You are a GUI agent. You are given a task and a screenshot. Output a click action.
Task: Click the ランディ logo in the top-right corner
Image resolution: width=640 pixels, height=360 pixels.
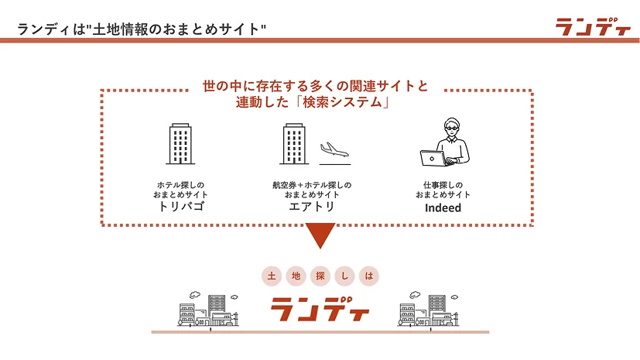click(x=593, y=27)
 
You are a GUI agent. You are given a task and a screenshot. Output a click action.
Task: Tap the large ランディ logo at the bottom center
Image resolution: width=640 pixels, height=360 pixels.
click(x=320, y=310)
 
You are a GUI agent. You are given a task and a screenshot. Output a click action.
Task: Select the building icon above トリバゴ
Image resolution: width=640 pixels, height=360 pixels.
click(x=180, y=144)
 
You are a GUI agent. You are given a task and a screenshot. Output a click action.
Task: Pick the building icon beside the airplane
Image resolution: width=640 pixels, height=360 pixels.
click(x=294, y=144)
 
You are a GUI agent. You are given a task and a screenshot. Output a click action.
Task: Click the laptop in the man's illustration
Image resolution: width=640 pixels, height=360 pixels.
click(x=433, y=159)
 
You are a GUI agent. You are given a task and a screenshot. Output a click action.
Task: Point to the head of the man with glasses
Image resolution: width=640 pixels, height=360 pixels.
click(x=451, y=127)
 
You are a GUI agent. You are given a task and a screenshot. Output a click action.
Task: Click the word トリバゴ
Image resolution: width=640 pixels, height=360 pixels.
click(x=181, y=207)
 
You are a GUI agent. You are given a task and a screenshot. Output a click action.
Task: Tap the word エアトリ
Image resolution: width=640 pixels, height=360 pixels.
click(x=312, y=207)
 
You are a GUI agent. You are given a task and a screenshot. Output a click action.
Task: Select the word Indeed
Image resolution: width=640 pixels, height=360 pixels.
click(x=443, y=207)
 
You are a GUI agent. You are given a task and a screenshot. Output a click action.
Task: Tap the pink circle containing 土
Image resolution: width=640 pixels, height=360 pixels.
click(x=272, y=276)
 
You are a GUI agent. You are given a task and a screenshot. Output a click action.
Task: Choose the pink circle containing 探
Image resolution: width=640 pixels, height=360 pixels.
click(x=320, y=276)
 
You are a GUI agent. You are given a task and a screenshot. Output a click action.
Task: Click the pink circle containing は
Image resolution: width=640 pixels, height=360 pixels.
click(x=369, y=276)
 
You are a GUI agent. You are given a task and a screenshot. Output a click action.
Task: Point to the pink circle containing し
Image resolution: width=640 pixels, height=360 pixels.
click(x=344, y=276)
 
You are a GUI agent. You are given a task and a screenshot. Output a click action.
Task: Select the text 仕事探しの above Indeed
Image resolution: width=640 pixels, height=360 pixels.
click(x=443, y=185)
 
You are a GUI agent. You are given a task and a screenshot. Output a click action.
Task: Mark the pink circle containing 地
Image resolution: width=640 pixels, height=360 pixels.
click(x=296, y=276)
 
